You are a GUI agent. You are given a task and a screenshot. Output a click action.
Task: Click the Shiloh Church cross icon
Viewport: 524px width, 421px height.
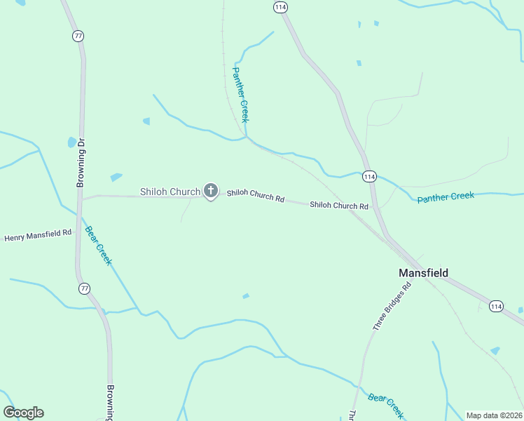(x=210, y=191)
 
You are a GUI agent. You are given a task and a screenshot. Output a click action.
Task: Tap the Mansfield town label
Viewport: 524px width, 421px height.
(x=423, y=273)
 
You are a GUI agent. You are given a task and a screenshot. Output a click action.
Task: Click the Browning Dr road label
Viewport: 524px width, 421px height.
(x=81, y=162)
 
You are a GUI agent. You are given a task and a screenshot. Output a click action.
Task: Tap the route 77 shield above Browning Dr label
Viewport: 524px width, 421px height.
(x=77, y=36)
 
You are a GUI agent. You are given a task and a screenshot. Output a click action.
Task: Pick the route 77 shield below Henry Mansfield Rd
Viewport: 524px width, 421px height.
(x=85, y=288)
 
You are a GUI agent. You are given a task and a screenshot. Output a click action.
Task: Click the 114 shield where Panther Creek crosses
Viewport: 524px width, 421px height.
(x=370, y=176)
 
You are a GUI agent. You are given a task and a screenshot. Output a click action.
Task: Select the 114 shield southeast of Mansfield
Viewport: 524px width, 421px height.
(x=496, y=306)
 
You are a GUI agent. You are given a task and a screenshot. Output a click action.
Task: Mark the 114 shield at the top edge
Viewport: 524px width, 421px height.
(x=280, y=7)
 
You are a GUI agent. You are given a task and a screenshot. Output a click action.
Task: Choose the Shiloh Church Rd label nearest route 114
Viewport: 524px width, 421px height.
(x=339, y=206)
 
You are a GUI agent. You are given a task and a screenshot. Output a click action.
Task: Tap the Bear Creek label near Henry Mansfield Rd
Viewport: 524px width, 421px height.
(x=98, y=245)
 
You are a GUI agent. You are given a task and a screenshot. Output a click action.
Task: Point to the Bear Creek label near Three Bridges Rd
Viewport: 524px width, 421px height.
(x=385, y=405)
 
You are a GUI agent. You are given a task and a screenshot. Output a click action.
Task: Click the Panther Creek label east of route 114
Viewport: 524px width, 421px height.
(x=446, y=197)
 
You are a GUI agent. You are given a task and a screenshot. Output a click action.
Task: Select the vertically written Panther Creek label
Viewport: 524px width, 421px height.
(x=240, y=95)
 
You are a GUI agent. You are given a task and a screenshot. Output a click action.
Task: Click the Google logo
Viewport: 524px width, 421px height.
(x=23, y=412)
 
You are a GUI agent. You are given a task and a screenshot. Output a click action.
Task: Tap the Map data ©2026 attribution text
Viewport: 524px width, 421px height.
(x=494, y=415)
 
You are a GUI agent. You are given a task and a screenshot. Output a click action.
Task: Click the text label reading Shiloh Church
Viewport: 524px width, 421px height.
(x=170, y=192)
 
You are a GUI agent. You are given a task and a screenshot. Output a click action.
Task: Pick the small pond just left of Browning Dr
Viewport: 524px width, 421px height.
(x=71, y=142)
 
